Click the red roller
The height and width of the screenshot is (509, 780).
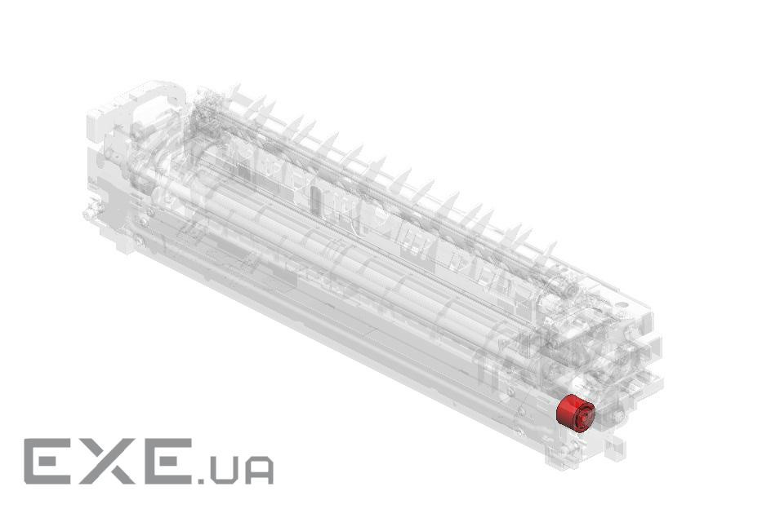tap(576, 413)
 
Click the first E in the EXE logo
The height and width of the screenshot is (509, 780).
tap(47, 462)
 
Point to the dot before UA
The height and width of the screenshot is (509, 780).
tap(202, 480)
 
